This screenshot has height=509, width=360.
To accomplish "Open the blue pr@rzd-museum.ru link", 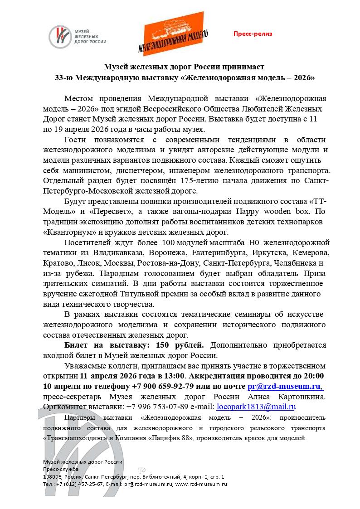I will click(285, 386).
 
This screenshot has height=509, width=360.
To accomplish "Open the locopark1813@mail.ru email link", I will click(256, 407).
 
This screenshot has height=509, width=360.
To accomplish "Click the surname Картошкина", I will click(298, 397).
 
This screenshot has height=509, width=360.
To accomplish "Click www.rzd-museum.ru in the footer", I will click(201, 484).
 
